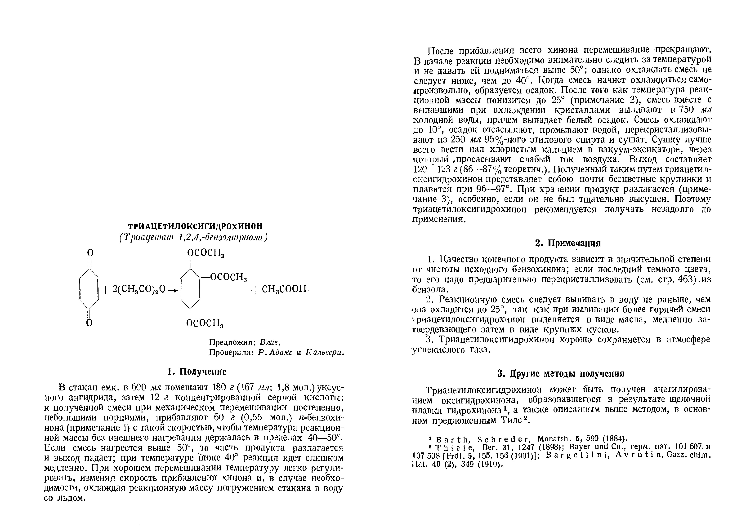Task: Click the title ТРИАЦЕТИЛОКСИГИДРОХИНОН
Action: click(195, 226)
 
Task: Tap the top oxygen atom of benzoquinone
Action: click(90, 252)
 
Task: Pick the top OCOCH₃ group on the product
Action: click(206, 253)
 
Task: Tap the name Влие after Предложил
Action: click(270, 342)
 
